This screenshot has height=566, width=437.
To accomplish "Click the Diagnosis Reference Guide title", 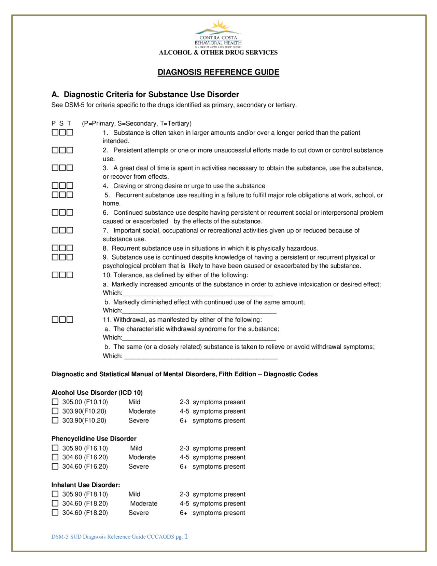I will click(x=218, y=72).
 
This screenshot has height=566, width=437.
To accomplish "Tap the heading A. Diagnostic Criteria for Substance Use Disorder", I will click(x=145, y=94).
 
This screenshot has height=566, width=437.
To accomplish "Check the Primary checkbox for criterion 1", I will click(x=55, y=132).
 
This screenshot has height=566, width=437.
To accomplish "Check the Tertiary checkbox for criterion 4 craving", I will click(x=70, y=186).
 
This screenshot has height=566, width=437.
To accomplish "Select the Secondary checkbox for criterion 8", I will click(x=62, y=248).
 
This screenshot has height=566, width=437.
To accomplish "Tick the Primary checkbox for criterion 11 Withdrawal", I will click(x=55, y=320).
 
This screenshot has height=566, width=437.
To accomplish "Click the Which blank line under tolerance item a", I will click(x=197, y=293).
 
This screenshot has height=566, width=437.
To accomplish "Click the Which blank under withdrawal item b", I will click(x=201, y=356).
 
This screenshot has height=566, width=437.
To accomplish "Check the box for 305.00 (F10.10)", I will click(x=55, y=402).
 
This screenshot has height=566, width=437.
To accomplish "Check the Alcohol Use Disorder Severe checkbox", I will click(x=55, y=420).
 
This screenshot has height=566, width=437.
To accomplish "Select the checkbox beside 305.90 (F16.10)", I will click(x=55, y=448).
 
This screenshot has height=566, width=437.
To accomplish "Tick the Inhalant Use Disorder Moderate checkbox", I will click(x=55, y=503).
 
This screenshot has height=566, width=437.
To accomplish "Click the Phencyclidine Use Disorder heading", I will click(x=94, y=439).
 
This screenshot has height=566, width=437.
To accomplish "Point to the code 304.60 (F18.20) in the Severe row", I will click(x=85, y=513).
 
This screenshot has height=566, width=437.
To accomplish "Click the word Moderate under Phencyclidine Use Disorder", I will click(x=142, y=457).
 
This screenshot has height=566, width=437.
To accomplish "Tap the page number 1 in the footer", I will click(x=186, y=536).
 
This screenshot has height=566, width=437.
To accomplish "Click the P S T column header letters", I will click(x=61, y=123).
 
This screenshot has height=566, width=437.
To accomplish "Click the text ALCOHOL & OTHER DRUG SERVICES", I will click(x=218, y=53).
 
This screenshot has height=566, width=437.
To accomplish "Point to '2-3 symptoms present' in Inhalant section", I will click(x=212, y=494).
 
